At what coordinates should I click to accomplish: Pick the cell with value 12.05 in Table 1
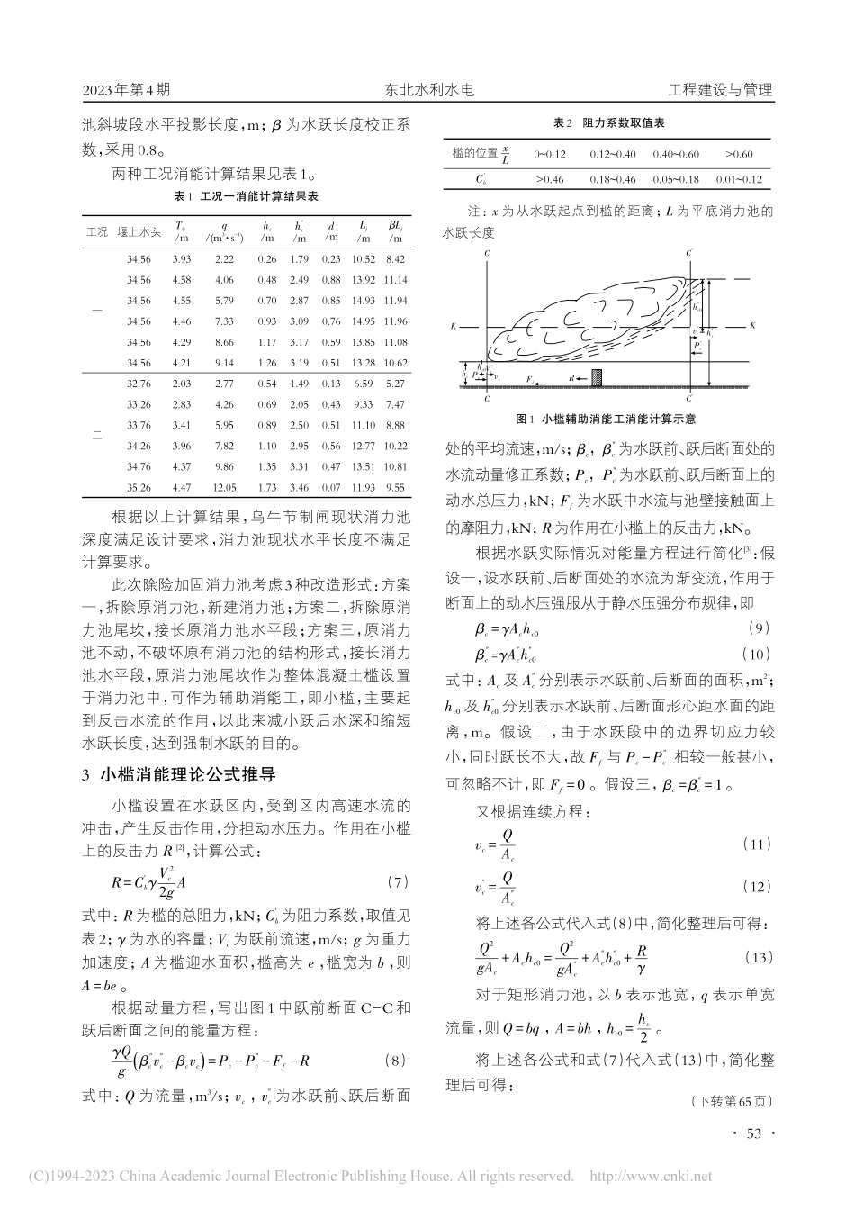(224, 487)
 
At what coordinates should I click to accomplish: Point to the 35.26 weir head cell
(139, 487)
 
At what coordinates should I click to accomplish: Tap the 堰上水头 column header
(145, 231)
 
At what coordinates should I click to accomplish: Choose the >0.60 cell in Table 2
(738, 155)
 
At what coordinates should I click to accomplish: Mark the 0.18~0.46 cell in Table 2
(612, 180)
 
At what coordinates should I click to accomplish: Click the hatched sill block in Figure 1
(596, 375)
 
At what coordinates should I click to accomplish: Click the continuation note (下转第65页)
(732, 1101)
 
